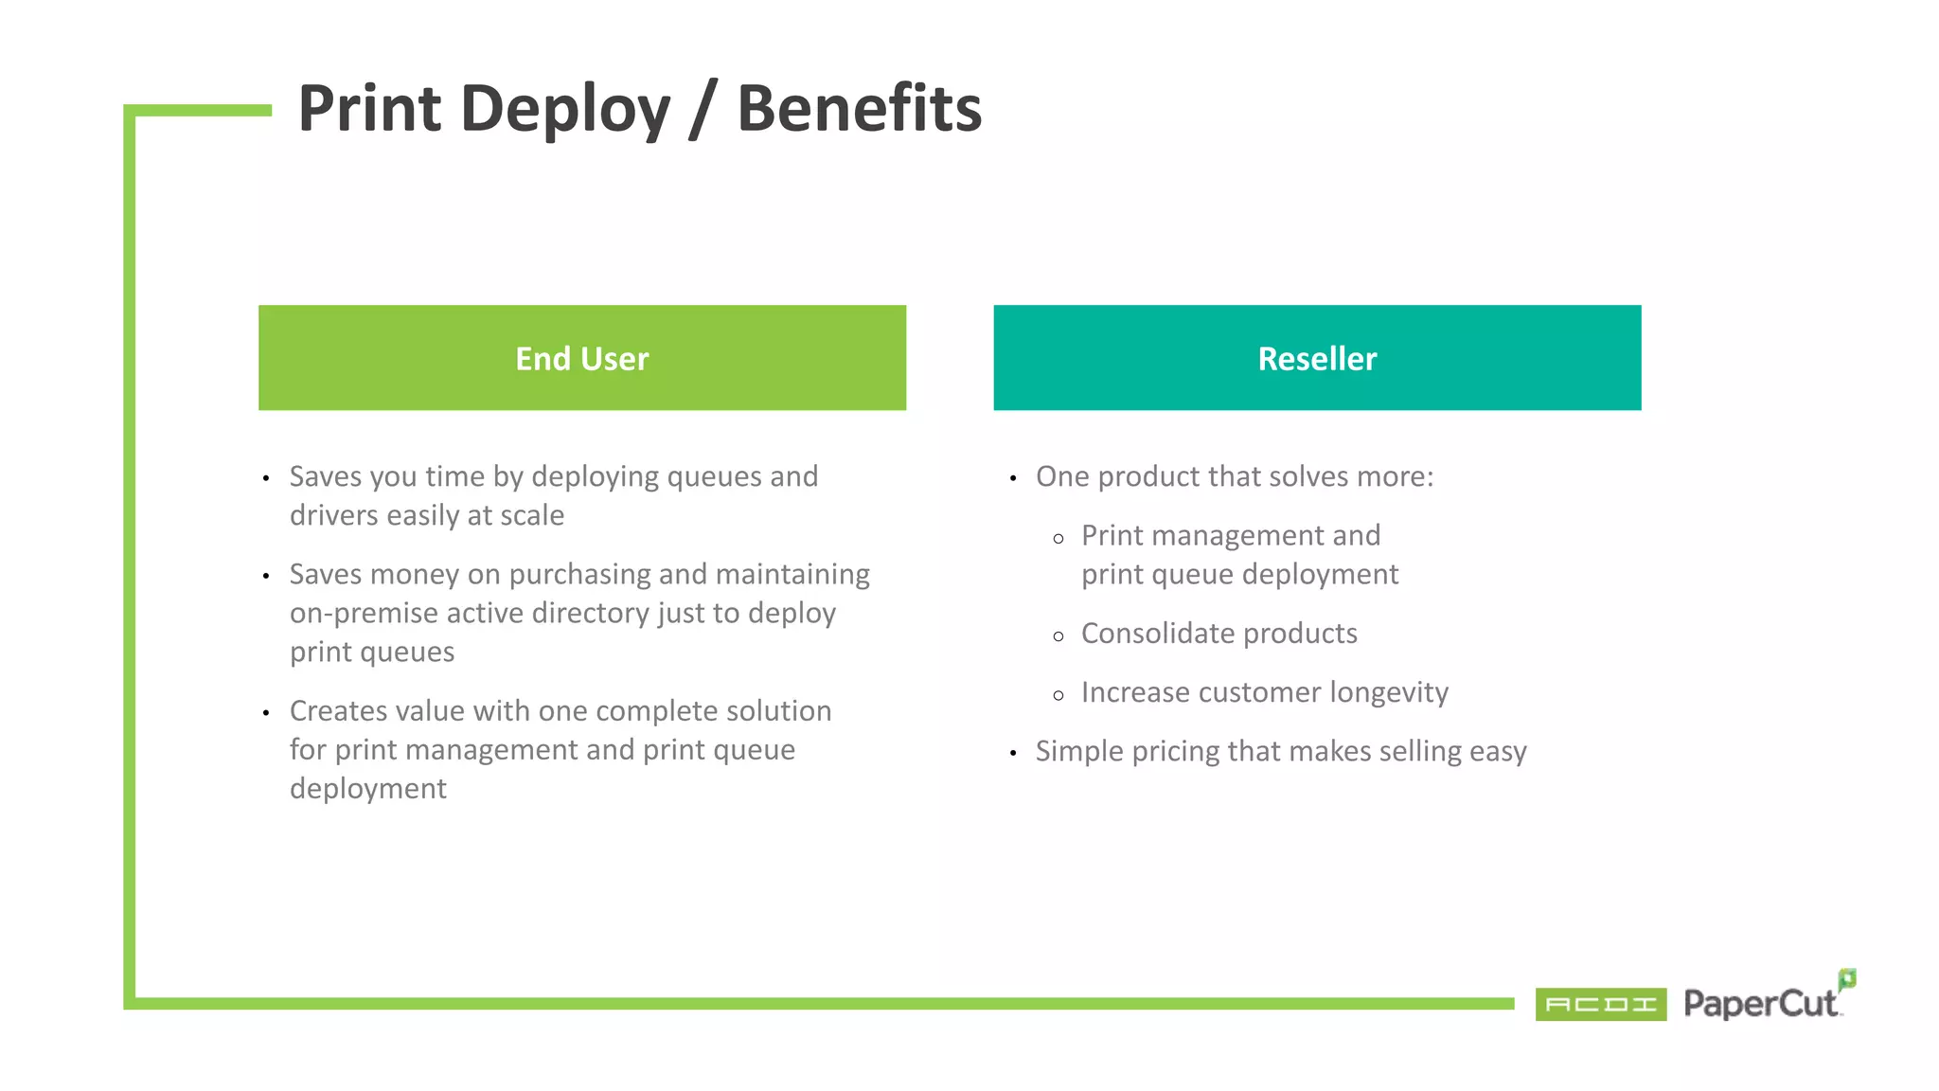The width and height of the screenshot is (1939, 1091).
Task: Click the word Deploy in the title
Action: click(565, 110)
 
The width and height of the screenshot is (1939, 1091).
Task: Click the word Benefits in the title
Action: click(859, 108)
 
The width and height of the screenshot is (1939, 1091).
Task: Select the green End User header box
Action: click(581, 358)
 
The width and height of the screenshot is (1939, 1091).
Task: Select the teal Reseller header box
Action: click(1316, 358)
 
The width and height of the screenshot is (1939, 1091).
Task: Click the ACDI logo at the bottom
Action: click(1600, 1004)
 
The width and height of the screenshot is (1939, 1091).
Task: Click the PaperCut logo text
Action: click(1759, 1004)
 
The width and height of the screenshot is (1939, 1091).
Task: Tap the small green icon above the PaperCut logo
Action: click(1846, 978)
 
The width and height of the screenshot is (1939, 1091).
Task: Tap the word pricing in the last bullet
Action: click(1175, 752)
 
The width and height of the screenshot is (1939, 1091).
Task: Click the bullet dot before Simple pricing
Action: click(1013, 754)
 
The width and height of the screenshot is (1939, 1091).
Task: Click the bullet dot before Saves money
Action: click(266, 576)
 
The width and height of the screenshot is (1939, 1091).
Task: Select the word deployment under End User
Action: click(367, 789)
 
